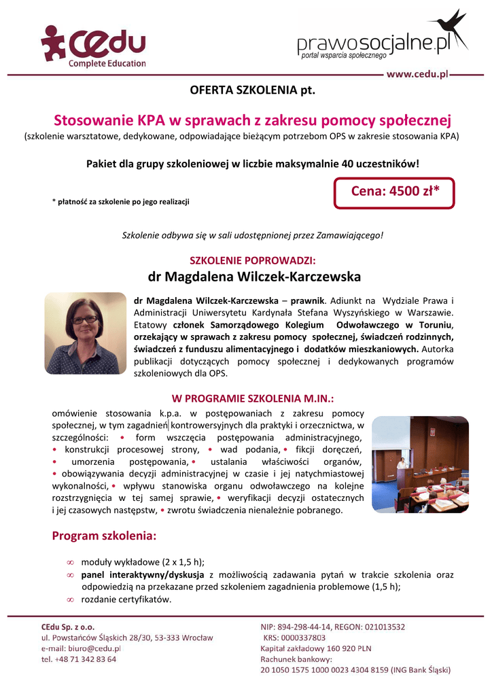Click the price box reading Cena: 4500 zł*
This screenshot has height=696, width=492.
click(x=394, y=192)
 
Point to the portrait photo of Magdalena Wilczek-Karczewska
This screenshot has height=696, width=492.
click(x=86, y=334)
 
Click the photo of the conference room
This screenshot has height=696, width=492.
click(x=420, y=464)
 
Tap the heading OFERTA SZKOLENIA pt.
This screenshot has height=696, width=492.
click(x=253, y=90)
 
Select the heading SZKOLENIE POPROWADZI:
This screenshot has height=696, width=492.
click(x=253, y=260)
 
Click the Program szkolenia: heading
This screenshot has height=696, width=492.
click(x=104, y=536)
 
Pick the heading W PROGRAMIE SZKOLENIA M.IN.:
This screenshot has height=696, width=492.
click(x=253, y=399)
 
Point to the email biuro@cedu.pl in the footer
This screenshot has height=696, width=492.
click(x=94, y=648)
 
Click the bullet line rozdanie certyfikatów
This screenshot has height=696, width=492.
click(x=126, y=599)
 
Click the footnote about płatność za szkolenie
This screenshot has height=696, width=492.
click(x=121, y=202)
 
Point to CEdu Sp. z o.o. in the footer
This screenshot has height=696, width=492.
click(x=68, y=627)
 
